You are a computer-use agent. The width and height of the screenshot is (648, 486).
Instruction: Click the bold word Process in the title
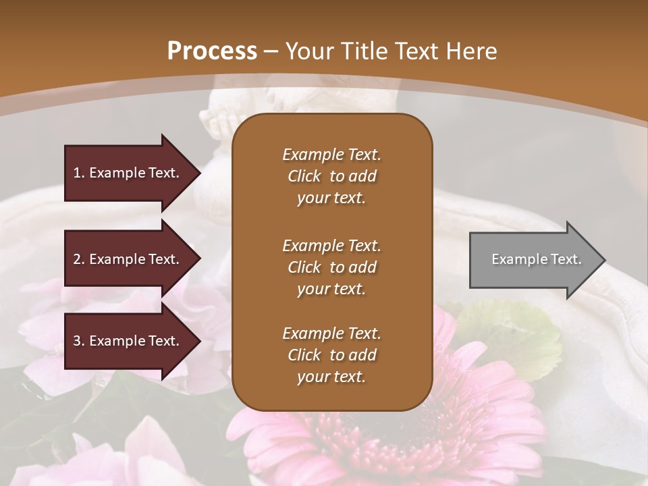(212, 51)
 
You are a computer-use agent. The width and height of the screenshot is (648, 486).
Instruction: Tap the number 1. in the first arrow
(79, 173)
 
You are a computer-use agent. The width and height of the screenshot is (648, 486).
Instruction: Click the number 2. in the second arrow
(79, 259)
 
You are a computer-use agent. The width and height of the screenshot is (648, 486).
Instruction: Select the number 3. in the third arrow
(79, 341)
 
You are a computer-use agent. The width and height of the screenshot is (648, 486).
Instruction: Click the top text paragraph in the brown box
(331, 176)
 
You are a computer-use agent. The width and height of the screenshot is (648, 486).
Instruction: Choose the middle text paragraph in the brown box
(331, 267)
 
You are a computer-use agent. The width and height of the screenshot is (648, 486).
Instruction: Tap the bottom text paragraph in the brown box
(331, 355)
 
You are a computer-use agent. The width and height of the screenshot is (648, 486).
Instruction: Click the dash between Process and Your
(271, 51)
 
